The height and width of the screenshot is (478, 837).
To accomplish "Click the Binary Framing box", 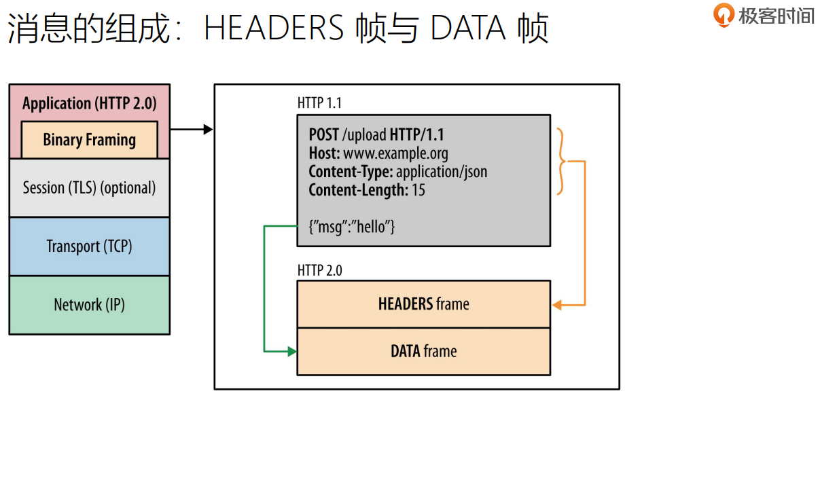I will tap(90, 140).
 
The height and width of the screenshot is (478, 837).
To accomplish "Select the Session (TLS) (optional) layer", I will tap(89, 187).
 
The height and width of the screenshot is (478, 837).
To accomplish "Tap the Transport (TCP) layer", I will tap(89, 246).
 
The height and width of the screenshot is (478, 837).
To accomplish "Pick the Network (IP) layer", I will tap(89, 305).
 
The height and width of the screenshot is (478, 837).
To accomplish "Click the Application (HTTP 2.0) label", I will tap(89, 103).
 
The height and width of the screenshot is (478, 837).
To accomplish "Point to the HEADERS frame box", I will tap(423, 304).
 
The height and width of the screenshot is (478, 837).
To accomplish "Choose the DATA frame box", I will tap(423, 352).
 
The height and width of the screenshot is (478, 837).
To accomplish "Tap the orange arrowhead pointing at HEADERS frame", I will tap(557, 305).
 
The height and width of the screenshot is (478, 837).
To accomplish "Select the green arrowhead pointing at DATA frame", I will tap(292, 352).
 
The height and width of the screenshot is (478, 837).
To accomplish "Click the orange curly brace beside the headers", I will tap(561, 162).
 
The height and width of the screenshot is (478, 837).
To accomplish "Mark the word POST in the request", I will tap(324, 134).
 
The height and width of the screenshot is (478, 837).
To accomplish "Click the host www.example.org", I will tap(395, 153).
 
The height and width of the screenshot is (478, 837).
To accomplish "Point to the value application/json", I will tap(442, 172).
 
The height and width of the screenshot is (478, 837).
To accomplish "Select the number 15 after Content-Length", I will tap(418, 190).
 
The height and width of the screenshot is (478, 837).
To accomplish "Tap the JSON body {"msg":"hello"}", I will tap(352, 227).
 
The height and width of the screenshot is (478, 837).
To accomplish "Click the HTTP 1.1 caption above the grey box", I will tap(319, 103).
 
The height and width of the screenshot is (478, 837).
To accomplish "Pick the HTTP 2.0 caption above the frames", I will tap(319, 270).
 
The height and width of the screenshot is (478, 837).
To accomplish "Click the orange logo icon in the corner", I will tap(724, 14).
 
